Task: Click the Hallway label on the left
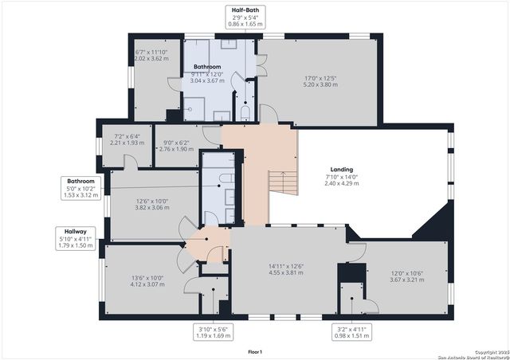76,230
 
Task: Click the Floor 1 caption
255,351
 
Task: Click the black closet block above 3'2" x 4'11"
347,273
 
